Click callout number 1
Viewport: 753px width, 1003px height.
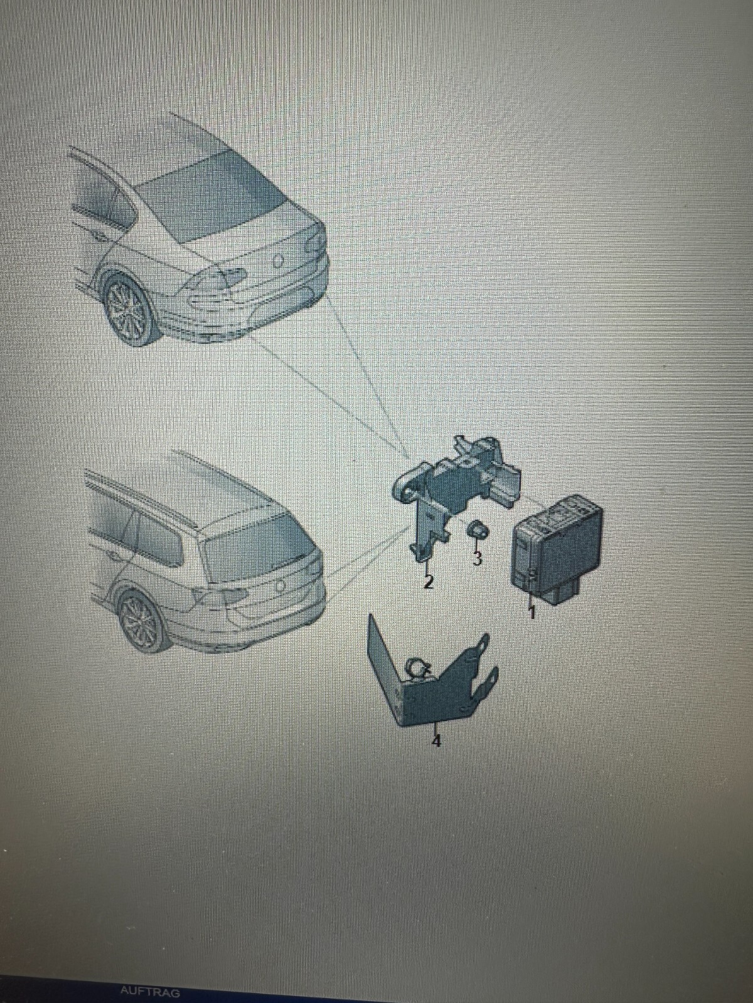pos(531,611)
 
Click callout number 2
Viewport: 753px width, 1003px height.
pos(428,582)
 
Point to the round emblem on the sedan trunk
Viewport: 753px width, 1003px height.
pos(277,260)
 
